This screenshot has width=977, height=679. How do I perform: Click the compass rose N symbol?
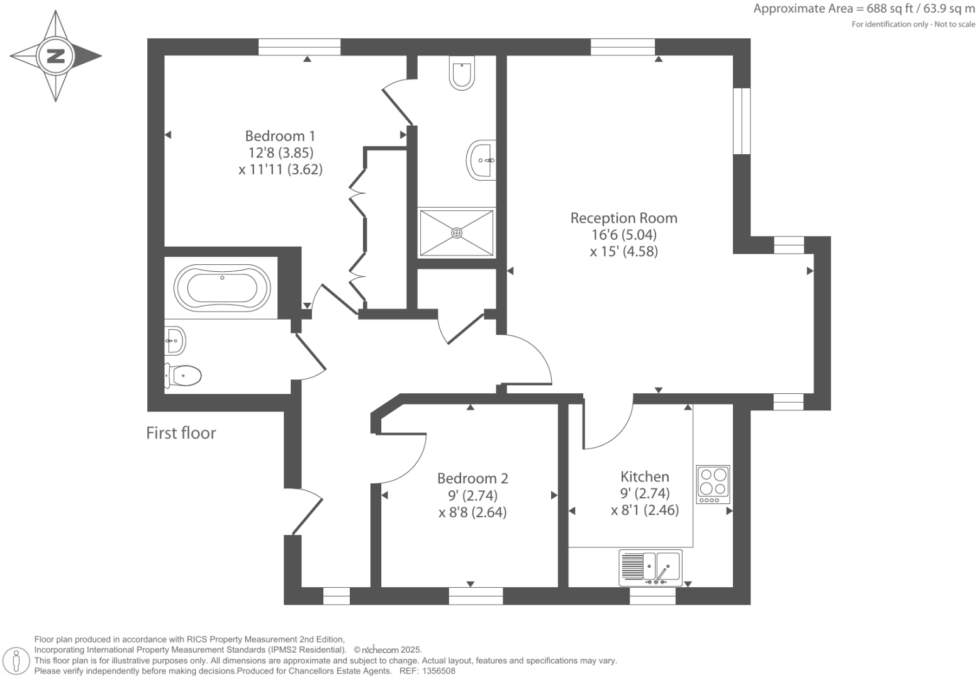click(56, 56)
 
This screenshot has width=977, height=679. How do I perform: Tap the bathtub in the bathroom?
click(221, 287)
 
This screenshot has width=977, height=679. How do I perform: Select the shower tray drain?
click(457, 233)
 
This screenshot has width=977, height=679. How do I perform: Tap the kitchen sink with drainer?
click(650, 566)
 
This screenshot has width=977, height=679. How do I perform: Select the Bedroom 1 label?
click(280, 136)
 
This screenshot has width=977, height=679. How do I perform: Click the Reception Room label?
click(623, 218)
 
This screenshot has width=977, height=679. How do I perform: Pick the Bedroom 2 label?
click(472, 478)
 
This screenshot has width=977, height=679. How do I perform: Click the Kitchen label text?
click(644, 476)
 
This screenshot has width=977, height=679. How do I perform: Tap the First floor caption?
click(181, 433)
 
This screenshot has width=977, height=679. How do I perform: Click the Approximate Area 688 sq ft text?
click(864, 9)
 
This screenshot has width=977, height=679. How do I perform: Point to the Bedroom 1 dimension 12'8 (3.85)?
click(281, 152)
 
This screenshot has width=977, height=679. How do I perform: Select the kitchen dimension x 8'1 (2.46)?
click(645, 510)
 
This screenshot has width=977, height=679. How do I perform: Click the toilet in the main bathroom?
click(184, 376)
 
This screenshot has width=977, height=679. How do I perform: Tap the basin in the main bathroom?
click(175, 341)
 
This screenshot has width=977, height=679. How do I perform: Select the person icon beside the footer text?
click(17, 661)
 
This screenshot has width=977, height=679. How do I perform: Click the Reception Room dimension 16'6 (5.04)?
click(623, 235)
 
